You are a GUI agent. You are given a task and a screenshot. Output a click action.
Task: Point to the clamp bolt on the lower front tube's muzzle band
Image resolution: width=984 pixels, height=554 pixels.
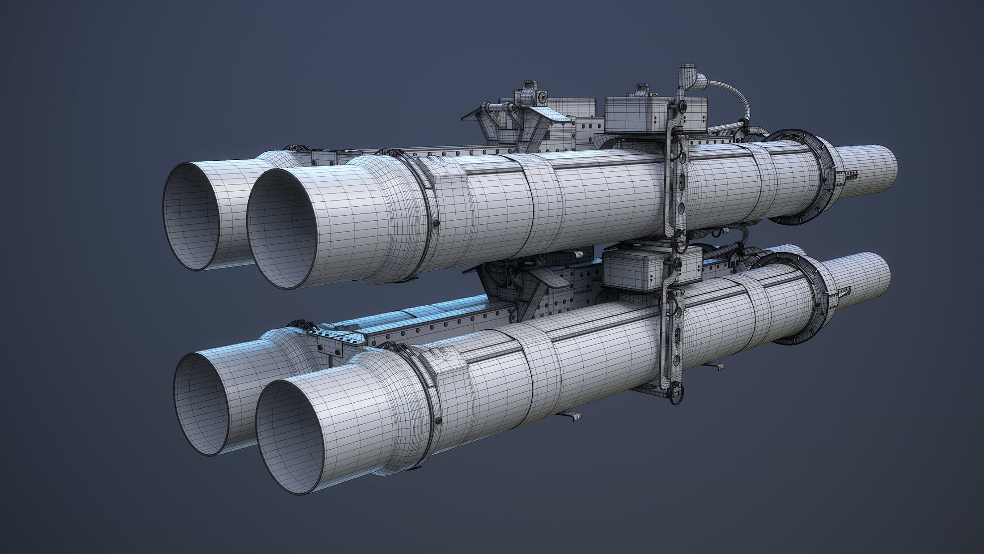coord(439,419)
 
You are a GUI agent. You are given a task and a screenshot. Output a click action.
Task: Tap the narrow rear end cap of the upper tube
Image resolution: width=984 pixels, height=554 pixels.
coord(865,170)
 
